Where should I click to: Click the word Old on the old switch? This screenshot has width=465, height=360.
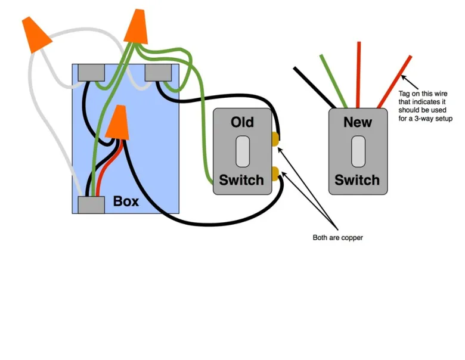coord(242,122)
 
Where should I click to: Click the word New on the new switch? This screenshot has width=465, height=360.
coord(357,122)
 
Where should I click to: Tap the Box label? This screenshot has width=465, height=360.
coord(126,201)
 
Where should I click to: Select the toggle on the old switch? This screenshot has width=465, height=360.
coord(242,151)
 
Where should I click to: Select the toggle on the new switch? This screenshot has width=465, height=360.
coord(357,151)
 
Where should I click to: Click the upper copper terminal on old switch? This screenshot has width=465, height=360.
coord(275,139)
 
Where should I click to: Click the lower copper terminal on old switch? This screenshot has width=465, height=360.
coord(275,173)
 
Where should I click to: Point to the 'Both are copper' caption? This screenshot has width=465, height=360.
coord(338,238)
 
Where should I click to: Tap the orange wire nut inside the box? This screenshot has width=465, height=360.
coord(117,122)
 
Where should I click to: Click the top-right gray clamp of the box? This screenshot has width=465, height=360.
coord(159,72)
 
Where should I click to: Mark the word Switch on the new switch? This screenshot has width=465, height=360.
coord(357,179)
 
